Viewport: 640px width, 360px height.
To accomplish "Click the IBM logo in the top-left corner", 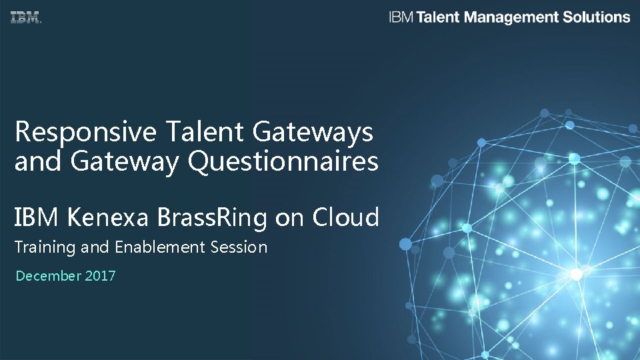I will [25, 18].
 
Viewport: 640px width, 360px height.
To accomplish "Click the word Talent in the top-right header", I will [438, 17].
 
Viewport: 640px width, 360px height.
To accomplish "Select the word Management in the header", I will [511, 17].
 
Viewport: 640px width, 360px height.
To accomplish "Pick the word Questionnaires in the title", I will [284, 161].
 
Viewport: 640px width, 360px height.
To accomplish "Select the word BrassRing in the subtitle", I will [213, 217].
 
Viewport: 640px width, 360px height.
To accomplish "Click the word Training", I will [45, 247].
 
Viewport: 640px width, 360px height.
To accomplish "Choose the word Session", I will [238, 247].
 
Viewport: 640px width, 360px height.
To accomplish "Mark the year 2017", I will [100, 275].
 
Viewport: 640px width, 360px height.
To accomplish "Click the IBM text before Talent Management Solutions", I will [401, 17].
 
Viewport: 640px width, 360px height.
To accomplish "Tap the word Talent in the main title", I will [205, 132].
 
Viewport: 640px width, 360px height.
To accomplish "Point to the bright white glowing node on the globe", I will [576, 273].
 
